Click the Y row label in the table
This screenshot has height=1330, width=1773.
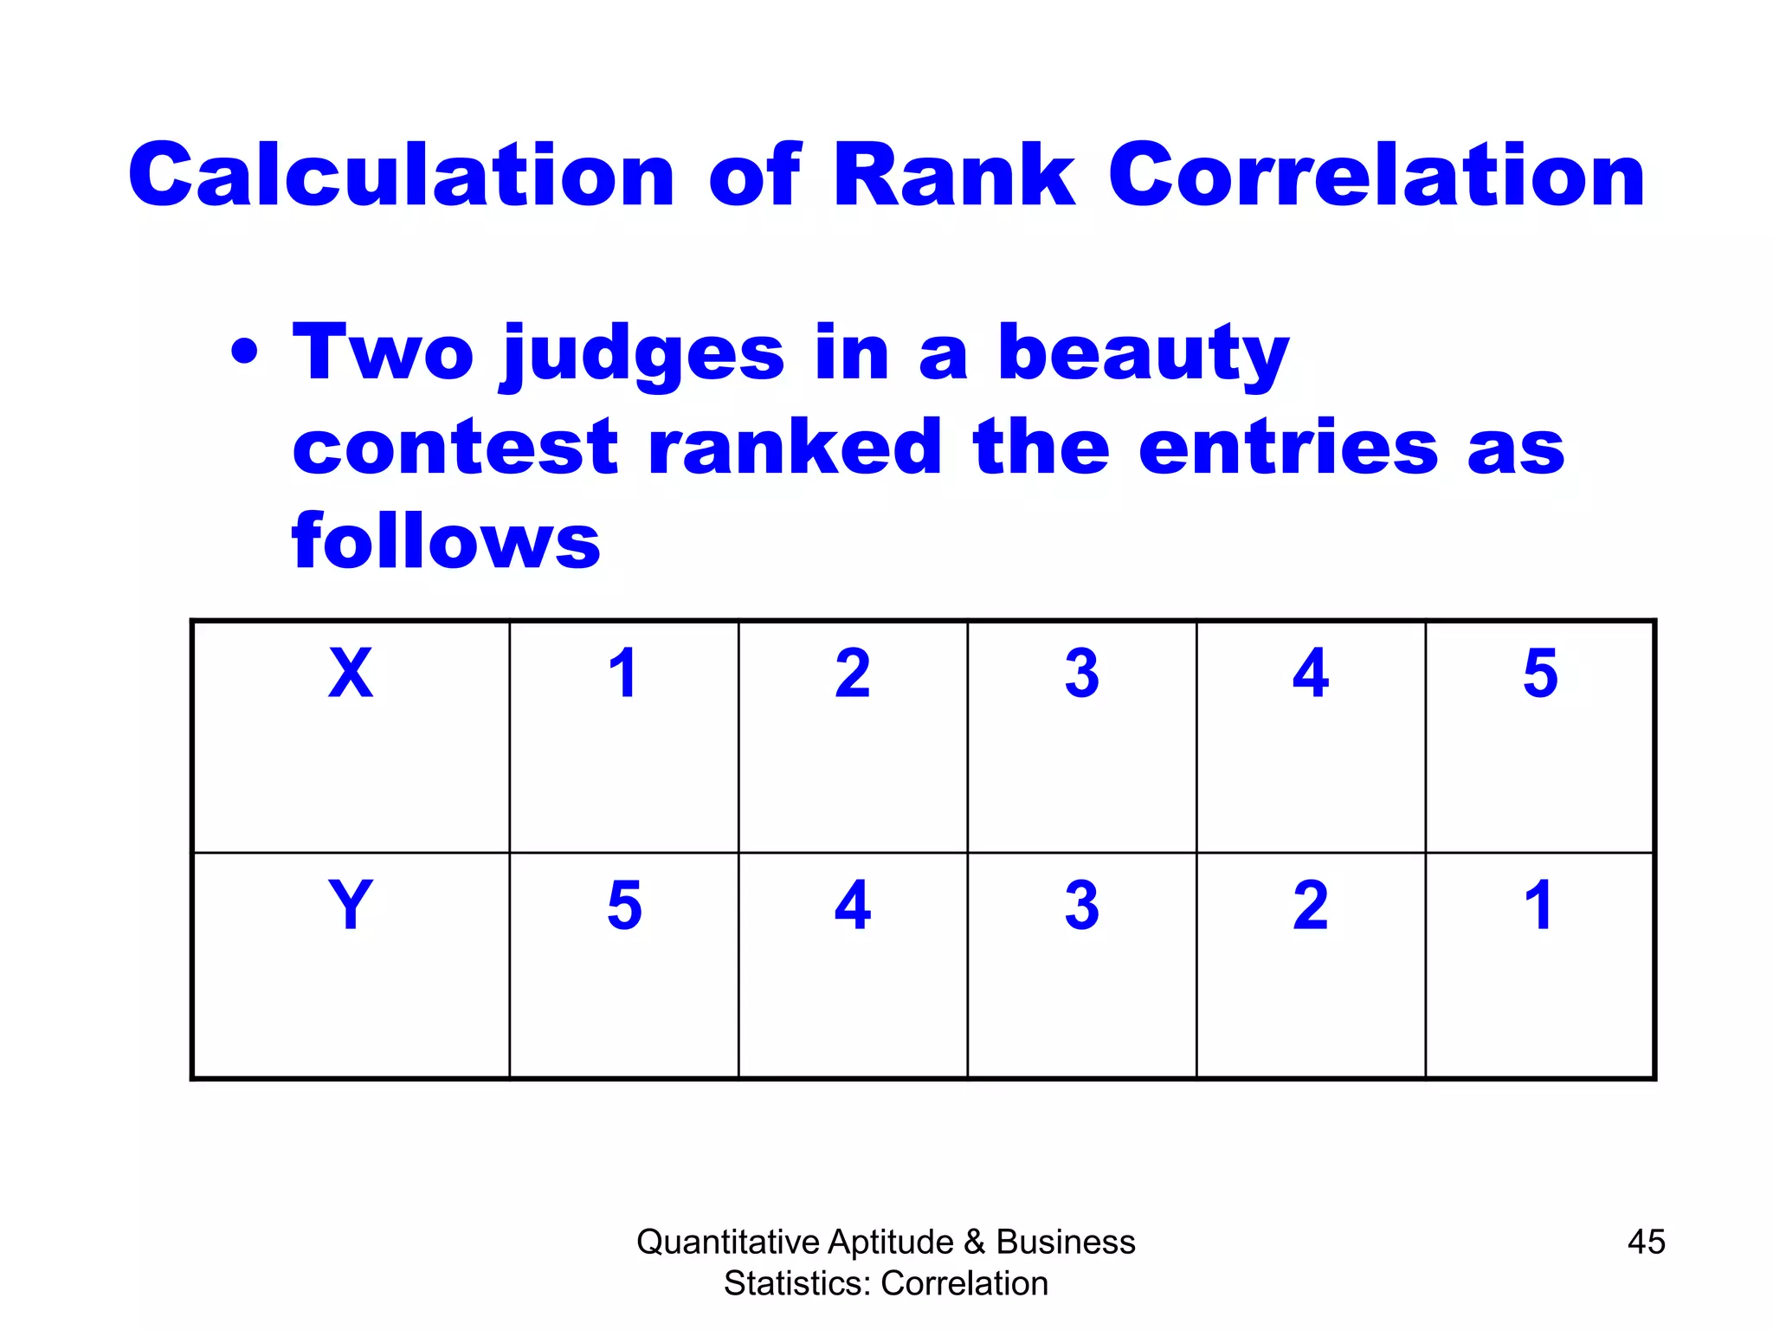(x=351, y=905)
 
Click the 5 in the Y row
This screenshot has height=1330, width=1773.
(x=624, y=905)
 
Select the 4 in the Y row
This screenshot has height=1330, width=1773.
(x=853, y=905)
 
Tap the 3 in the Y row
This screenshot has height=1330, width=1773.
(x=1082, y=905)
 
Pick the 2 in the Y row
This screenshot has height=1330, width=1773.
(x=1311, y=905)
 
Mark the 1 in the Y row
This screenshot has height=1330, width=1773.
(x=1538, y=905)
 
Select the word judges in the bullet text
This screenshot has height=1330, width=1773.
(x=642, y=355)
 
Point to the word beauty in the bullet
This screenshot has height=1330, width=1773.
(x=1143, y=355)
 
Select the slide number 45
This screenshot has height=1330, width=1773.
(x=1646, y=1242)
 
